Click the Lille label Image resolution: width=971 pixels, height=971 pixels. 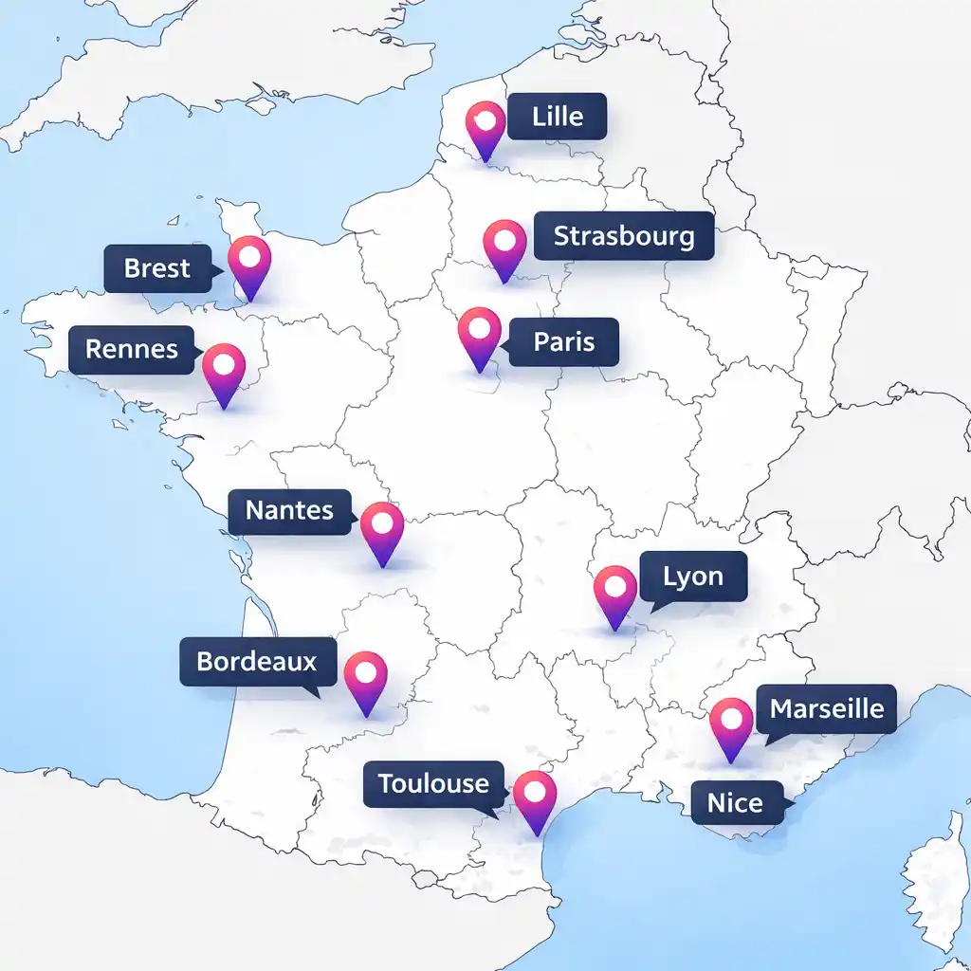click(557, 118)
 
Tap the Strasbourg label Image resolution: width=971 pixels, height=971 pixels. click(623, 235)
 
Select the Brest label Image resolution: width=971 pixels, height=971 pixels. click(157, 268)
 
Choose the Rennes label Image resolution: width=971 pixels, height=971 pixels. click(132, 349)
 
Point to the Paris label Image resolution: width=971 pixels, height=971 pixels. click(563, 341)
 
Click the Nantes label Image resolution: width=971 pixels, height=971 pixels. click(289, 511)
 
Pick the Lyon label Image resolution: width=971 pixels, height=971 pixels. click(693, 577)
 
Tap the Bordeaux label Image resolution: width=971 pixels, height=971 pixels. click(257, 661)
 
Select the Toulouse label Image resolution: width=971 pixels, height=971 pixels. click(433, 784)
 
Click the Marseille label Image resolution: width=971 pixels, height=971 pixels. click(826, 708)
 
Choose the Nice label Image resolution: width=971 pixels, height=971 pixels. click(735, 804)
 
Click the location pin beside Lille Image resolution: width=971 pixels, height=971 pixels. click(486, 127)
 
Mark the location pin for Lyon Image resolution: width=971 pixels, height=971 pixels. click(615, 593)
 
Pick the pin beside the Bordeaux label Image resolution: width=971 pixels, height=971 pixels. click(366, 678)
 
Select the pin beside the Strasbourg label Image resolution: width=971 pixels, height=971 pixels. click(504, 246)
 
